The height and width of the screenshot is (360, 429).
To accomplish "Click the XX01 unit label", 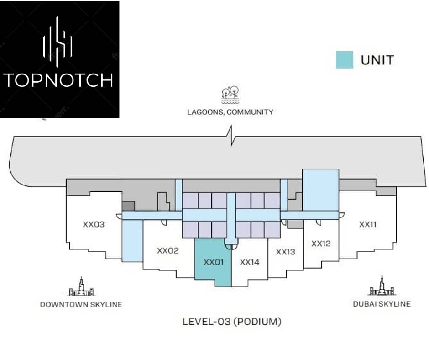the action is click(x=214, y=262).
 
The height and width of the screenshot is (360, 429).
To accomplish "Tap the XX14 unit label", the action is click(x=250, y=262).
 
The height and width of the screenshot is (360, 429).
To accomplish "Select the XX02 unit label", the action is click(x=167, y=250).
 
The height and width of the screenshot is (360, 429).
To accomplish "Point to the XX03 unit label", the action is click(x=94, y=224).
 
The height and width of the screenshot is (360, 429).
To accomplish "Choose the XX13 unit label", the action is click(x=286, y=252).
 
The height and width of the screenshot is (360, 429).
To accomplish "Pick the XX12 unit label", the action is click(x=321, y=244).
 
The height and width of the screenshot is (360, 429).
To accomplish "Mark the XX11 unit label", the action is click(x=368, y=224).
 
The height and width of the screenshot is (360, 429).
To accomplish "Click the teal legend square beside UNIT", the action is click(x=345, y=60).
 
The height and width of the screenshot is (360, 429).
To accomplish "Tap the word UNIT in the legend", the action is click(x=377, y=60).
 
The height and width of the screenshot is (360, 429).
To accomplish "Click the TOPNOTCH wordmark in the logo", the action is click(x=58, y=80).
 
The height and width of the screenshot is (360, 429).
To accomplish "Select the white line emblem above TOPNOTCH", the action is click(x=58, y=42).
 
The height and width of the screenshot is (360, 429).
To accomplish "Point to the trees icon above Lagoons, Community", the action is click(x=230, y=95).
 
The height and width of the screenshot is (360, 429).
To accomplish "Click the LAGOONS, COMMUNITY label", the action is click(x=230, y=112).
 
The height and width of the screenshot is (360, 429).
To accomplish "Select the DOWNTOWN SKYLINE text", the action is click(x=81, y=304).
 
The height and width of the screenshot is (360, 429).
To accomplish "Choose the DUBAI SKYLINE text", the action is click(x=382, y=304).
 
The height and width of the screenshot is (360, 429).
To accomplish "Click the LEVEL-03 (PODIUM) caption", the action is click(x=232, y=321).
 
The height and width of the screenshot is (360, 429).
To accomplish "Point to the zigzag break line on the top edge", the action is click(x=231, y=136).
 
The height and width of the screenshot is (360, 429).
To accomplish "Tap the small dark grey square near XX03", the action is click(x=128, y=206).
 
